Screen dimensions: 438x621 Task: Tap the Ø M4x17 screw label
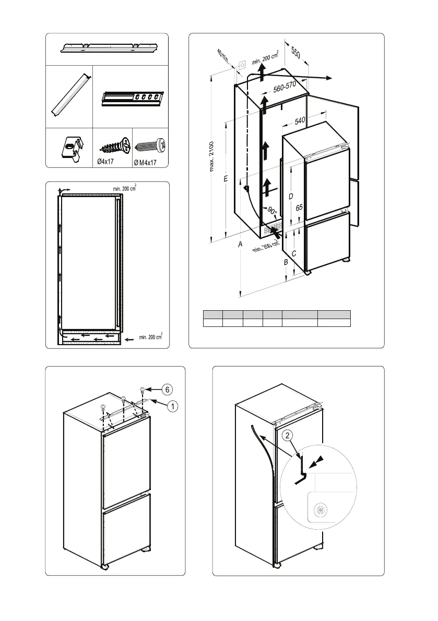(145, 162)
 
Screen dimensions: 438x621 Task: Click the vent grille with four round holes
(133, 98)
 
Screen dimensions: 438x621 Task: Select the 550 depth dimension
(295, 54)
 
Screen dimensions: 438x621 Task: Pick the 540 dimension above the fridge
(300, 121)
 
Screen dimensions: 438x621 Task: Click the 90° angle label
(272, 211)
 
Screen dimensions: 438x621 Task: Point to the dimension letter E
(225, 179)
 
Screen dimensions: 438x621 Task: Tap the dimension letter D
(290, 196)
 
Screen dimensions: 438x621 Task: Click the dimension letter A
(240, 244)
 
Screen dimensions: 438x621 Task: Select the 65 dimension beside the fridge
(299, 208)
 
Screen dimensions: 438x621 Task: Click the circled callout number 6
(167, 389)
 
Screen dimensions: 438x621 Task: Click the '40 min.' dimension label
(223, 56)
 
